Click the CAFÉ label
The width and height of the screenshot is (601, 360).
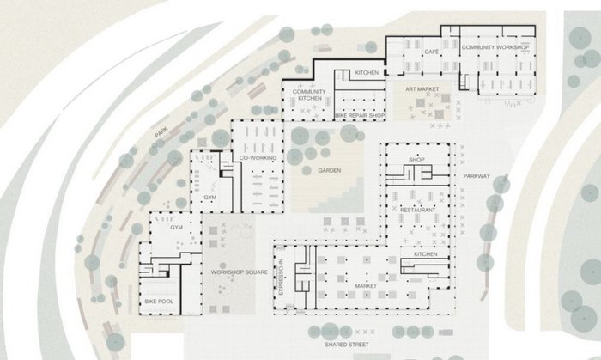tap(431, 52)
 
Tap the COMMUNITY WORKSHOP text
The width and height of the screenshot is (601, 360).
tap(495, 47)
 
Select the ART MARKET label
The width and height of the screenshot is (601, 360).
tap(422, 89)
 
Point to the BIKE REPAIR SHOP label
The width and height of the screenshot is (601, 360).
tap(360, 115)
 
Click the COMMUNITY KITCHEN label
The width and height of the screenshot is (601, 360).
tap(309, 95)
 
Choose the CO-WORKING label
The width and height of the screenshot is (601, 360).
tap(258, 157)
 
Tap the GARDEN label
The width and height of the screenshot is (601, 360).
tap(330, 170)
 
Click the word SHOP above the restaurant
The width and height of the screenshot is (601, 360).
tap(416, 159)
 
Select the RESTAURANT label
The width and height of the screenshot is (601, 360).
tap(418, 211)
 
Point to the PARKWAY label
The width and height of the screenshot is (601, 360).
tap(477, 176)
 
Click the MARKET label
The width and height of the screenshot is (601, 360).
tap(366, 286)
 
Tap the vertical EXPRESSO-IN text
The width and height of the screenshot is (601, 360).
tap(281, 277)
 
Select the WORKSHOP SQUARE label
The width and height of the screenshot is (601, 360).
tap(240, 272)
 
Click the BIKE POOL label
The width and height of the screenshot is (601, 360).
tap(159, 302)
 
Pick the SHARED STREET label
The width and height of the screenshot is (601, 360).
tap(347, 345)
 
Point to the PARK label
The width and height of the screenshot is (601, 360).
tap(161, 132)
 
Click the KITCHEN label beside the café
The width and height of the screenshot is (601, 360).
tap(367, 72)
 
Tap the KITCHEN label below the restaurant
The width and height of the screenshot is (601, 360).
tap(426, 254)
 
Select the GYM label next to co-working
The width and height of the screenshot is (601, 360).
tap(209, 197)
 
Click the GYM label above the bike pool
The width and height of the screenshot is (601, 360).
tap(176, 228)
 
